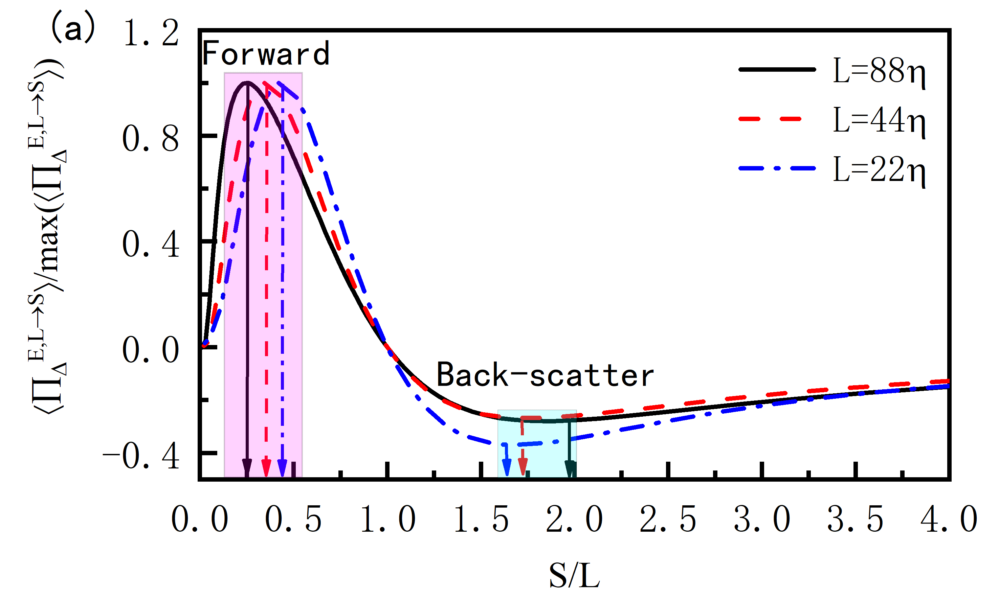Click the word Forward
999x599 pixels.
tap(266, 54)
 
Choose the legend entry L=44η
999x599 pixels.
tap(879, 120)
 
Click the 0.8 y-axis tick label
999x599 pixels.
tap(151, 139)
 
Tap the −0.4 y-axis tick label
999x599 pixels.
tap(141, 457)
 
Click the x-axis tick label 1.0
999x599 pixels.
tap(387, 519)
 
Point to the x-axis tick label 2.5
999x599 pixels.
tap(668, 519)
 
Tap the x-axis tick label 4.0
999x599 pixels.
tap(949, 519)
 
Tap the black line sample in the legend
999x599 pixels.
tap(777, 70)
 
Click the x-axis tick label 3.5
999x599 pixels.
tap(855, 519)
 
